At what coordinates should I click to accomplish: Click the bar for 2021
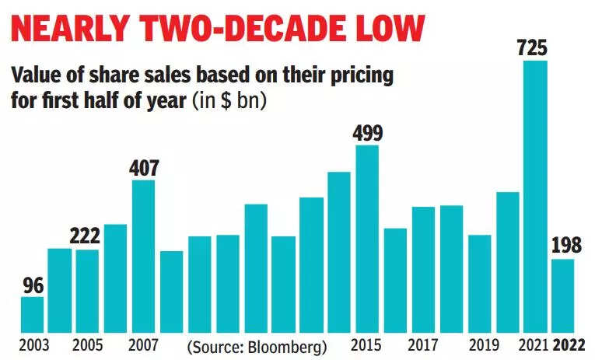[535, 195]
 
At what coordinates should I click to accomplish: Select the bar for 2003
[32, 313]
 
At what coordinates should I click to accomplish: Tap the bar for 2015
[367, 238]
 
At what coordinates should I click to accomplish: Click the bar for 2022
[563, 295]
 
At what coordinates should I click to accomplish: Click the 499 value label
[367, 133]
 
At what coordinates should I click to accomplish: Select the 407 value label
[143, 168]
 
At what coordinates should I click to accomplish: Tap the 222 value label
[87, 237]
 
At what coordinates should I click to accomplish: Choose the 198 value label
[563, 246]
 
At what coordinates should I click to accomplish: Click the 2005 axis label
[87, 344]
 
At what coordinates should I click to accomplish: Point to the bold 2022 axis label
[563, 344]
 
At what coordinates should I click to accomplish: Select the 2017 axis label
[423, 344]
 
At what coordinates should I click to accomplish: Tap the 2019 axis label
[479, 344]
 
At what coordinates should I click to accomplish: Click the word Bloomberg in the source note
[288, 344]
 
